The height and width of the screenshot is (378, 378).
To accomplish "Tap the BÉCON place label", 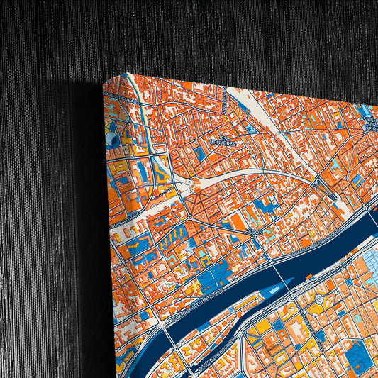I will click(253, 233).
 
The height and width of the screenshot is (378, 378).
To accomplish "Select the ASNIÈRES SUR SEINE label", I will click(369, 121).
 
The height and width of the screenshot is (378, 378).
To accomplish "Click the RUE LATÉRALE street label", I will click(128, 216).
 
